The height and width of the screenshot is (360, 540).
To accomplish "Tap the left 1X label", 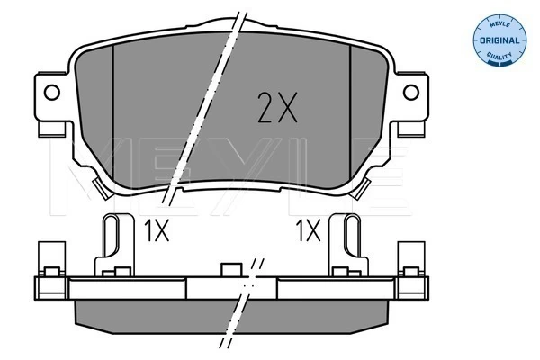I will [156, 231].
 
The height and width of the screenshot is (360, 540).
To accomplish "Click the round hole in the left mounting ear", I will [51, 91].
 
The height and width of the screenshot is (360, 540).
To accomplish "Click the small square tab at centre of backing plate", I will [230, 269].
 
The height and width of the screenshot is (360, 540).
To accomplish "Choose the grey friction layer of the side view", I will [162, 310].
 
